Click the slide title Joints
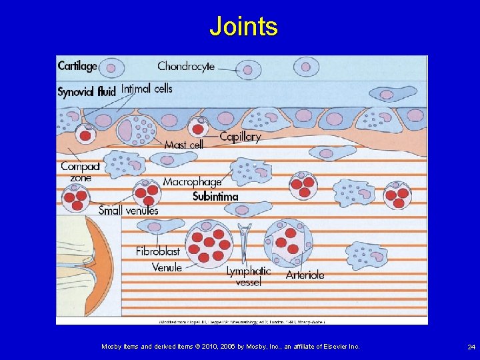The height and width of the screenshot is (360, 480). (243, 27)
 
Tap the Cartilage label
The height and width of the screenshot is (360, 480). (77, 66)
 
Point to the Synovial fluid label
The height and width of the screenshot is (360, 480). (86, 91)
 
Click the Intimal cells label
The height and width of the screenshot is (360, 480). (147, 88)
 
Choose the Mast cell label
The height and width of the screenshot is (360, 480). (183, 145)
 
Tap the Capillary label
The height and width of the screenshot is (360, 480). (240, 137)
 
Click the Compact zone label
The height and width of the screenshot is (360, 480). (80, 172)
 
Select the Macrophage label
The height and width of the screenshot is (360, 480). (192, 181)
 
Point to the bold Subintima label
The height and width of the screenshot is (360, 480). (215, 197)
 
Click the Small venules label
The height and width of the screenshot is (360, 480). (129, 211)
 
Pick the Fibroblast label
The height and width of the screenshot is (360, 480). (158, 251)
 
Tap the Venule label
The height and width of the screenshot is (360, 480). (167, 267)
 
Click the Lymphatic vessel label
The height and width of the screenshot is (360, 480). (248, 276)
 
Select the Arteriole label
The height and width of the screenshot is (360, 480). (305, 274)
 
